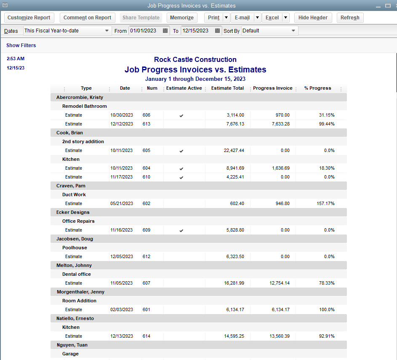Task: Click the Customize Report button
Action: coord(29,18)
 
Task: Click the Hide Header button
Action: coord(313,18)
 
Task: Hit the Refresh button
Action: coord(350,18)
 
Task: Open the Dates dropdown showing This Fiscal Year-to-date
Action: coord(67,31)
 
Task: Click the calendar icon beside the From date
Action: coord(165,31)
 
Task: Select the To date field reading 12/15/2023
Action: coord(196,31)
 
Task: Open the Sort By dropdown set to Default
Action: coord(269,31)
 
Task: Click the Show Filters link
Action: coord(21,45)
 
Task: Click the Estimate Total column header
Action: coord(227,88)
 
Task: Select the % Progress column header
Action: coord(317,88)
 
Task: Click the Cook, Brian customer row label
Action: coord(69,133)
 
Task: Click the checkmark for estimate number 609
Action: coord(181,230)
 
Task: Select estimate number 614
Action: coord(146,336)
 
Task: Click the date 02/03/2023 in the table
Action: coord(122,309)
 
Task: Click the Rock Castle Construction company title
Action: coord(195,60)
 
